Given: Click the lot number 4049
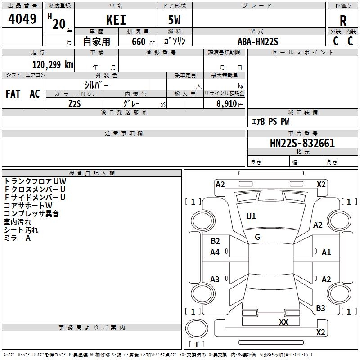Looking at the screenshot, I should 22,19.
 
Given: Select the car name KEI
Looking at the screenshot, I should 116,20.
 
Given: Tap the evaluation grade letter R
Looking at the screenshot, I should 343,21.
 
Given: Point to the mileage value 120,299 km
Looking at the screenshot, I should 53,65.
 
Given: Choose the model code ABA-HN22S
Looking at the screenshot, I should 258,41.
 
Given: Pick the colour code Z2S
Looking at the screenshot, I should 74,103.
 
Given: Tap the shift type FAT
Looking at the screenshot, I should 13,94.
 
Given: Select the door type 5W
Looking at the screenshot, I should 175,20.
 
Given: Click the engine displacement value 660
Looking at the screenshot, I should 138,41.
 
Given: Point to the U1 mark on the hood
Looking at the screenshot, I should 251,216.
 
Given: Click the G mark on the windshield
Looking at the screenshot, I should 257,237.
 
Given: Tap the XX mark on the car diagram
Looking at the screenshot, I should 283,322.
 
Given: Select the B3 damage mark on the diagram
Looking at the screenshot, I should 320,308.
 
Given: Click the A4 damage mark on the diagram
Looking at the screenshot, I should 215,252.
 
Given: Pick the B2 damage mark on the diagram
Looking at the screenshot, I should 215,241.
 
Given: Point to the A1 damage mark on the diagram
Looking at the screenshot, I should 326,252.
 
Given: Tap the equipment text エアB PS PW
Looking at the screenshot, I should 270,121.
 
